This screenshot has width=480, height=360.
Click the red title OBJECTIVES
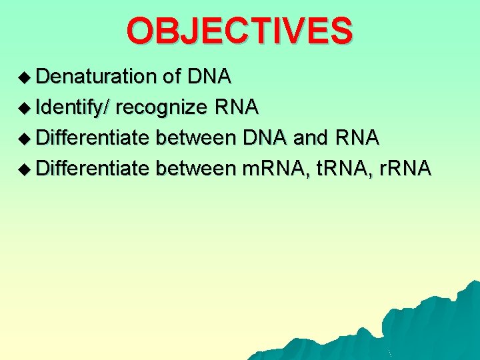[x=239, y=31]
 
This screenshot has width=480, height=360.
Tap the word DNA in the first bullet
[x=209, y=77]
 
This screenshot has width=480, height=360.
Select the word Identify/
[x=73, y=107]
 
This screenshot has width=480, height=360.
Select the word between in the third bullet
[x=195, y=138]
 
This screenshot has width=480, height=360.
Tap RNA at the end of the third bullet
[x=357, y=138]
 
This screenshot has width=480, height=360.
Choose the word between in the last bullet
[x=195, y=169]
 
